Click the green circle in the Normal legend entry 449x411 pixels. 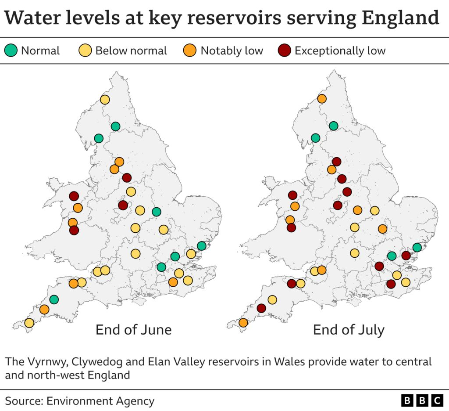click(11, 51)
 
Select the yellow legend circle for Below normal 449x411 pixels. click(86, 51)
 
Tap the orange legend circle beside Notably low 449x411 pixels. click(189, 51)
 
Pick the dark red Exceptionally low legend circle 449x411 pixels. click(284, 51)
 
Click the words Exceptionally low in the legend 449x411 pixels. click(340, 51)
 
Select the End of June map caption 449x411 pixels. click(133, 330)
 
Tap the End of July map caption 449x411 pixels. click(349, 330)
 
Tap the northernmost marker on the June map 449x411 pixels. click(105, 100)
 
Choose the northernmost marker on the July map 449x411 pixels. click(322, 99)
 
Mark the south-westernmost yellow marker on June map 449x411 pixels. click(29, 323)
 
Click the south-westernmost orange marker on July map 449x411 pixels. click(243, 323)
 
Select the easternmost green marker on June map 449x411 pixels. click(202, 246)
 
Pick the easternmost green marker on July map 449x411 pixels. click(417, 248)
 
